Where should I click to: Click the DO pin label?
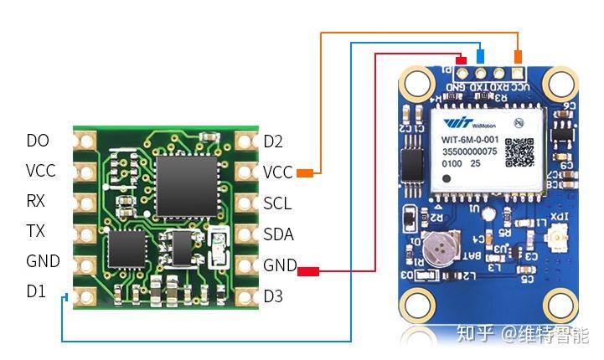[x=38, y=141]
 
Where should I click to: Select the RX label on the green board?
[x=36, y=201]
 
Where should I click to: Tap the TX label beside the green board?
[x=36, y=231]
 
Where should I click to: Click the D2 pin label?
[x=273, y=141]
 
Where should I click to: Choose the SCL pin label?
[x=277, y=203]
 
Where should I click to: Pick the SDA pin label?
[x=278, y=235]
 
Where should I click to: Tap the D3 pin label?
[x=273, y=296]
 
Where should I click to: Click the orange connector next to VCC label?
[x=305, y=173]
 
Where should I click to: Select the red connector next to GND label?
[x=309, y=270]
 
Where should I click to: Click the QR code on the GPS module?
[x=519, y=151]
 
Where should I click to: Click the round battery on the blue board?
[x=440, y=247]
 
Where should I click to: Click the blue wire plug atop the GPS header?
[x=479, y=56]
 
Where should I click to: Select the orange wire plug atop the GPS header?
[x=519, y=56]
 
